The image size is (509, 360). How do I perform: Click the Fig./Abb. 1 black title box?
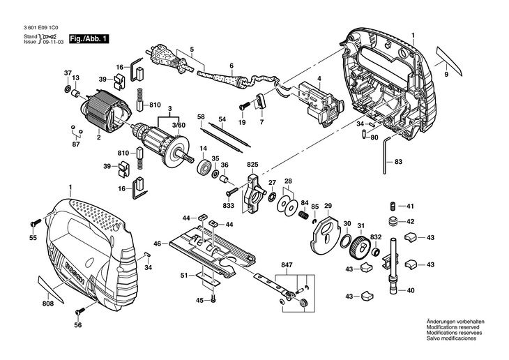coord(89,39)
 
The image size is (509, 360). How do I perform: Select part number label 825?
coord(252,165)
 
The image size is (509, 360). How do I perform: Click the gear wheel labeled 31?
coord(360,247)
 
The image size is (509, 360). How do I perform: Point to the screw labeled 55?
coord(36,223)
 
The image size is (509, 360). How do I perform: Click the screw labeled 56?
coord(80,311)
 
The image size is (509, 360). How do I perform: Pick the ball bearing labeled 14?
coord(204,166)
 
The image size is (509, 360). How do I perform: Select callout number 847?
coord(287,265)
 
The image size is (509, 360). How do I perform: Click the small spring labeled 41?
coord(393,206)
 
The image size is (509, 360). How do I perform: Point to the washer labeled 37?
coord(68,89)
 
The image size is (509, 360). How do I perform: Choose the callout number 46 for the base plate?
coord(158,243)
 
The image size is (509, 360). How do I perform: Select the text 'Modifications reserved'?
coord(453,327)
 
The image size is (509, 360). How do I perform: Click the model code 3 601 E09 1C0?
coord(43,29)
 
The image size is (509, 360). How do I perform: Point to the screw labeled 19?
coord(245,105)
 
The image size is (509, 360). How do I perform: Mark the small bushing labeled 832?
coord(377,251)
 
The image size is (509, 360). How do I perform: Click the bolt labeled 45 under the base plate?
coord(213,299)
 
